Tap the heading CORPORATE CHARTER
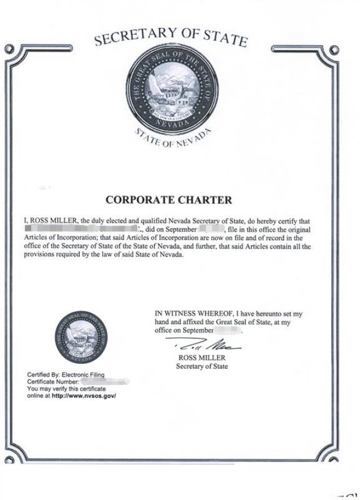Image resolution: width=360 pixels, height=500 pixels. click(x=169, y=199)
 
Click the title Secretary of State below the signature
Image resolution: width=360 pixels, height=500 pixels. click(x=202, y=367)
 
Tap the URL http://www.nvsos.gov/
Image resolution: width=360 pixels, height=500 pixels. click(x=84, y=396)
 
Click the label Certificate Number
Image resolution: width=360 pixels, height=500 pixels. click(x=52, y=382)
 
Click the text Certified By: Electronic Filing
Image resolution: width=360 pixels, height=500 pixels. click(x=65, y=374)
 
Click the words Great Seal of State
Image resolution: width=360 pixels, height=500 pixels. click(x=242, y=322)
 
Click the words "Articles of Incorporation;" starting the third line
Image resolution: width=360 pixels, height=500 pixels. click(x=55, y=238)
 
